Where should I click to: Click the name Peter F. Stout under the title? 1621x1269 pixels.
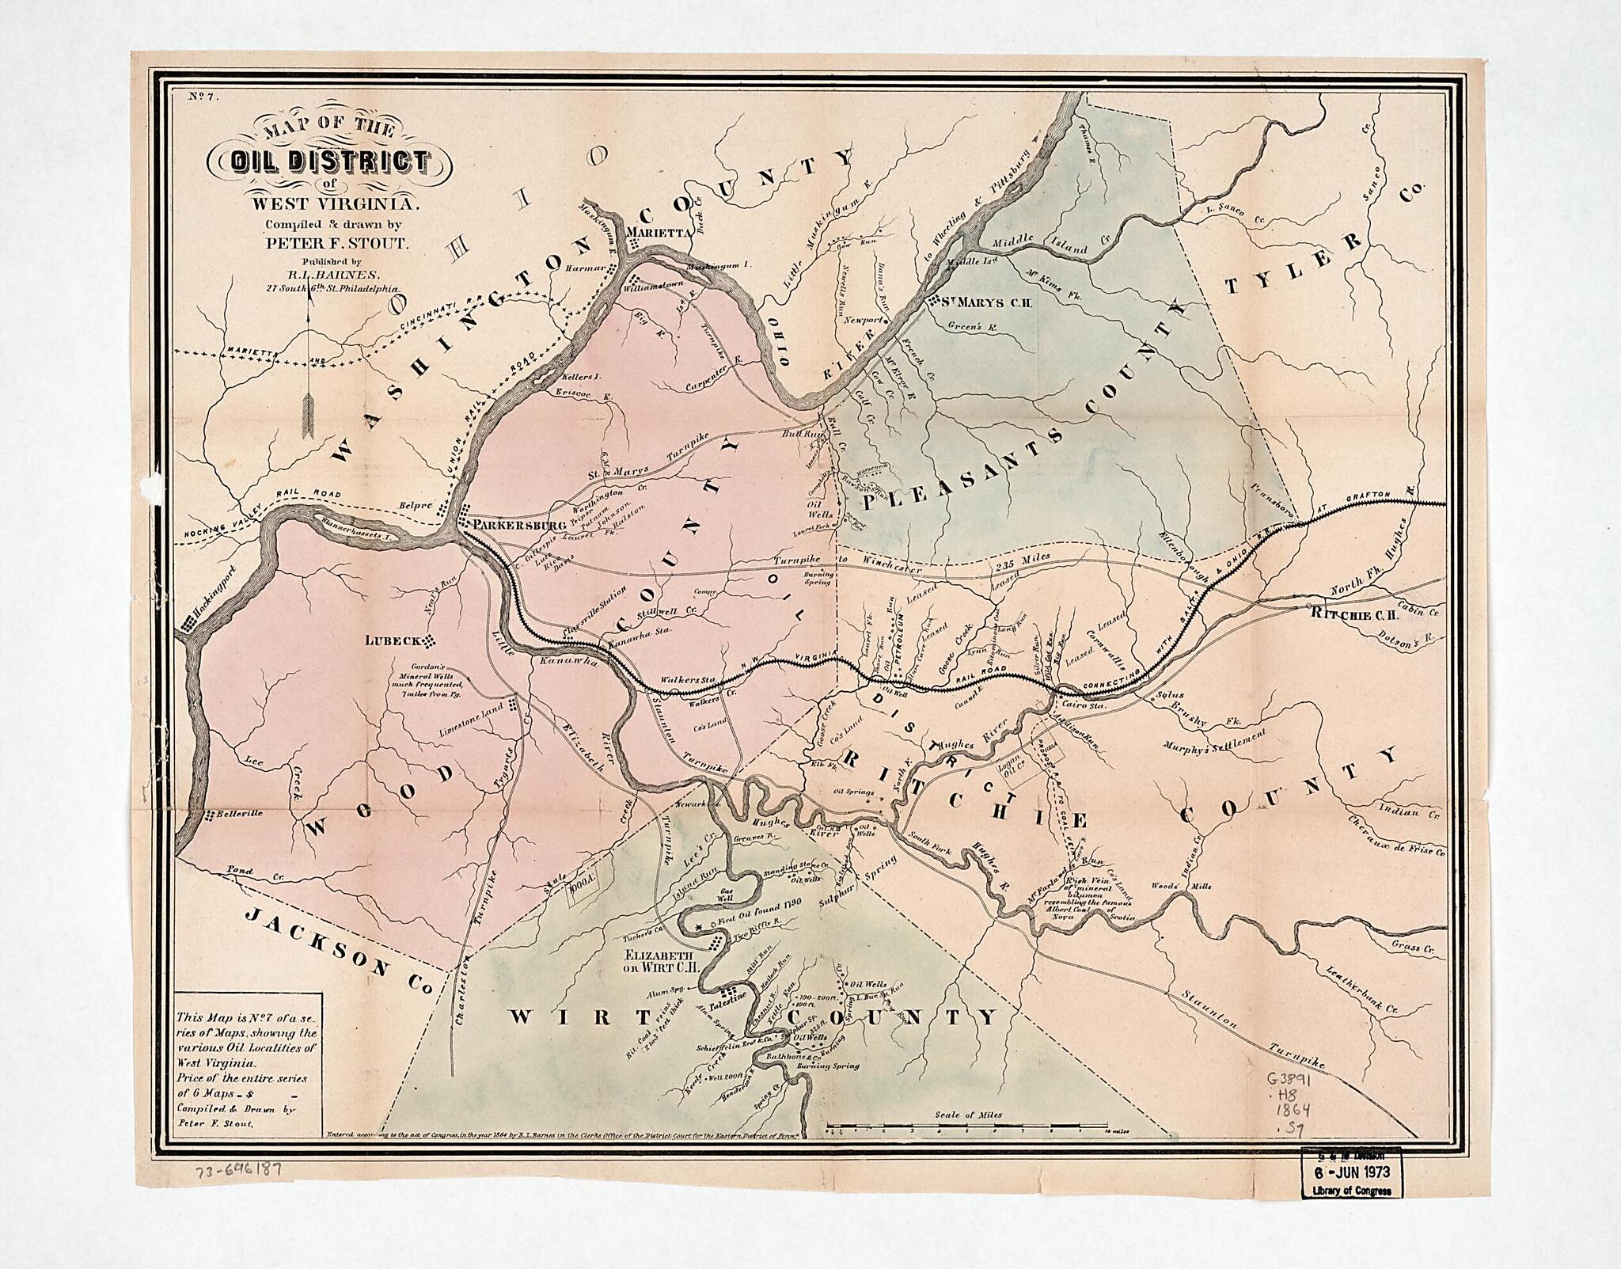tap(336, 244)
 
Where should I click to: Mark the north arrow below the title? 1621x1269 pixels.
tap(308, 372)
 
